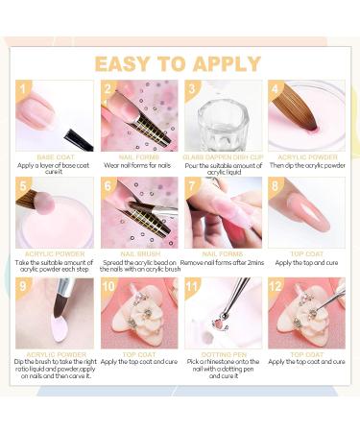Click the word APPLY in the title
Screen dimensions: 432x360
226,64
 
